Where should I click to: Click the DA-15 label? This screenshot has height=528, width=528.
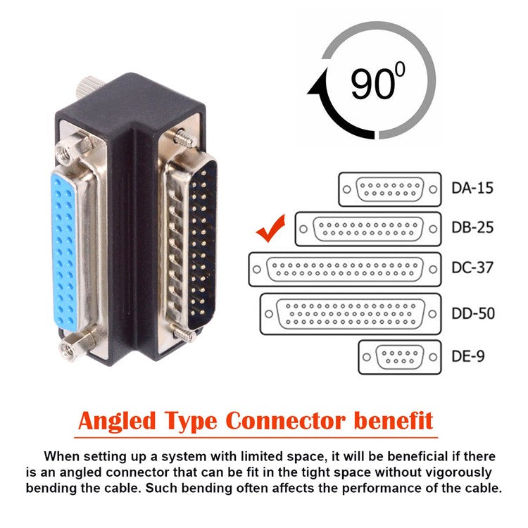[x=472, y=189]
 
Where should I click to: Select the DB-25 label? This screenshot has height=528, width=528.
[x=472, y=228]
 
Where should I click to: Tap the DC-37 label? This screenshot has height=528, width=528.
[x=472, y=268]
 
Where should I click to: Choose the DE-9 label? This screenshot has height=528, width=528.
[x=468, y=356]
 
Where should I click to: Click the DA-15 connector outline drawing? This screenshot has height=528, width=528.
[x=389, y=189]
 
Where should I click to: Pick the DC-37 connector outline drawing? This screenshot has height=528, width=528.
[x=345, y=269]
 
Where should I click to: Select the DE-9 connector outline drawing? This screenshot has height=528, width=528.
[x=399, y=357]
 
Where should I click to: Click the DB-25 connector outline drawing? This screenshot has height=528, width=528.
[x=367, y=229]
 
